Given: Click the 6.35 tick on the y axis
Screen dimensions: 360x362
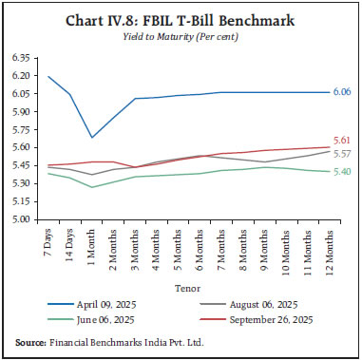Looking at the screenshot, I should (23, 58).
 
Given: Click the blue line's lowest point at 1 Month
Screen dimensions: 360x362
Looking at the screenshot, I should (92, 138).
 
